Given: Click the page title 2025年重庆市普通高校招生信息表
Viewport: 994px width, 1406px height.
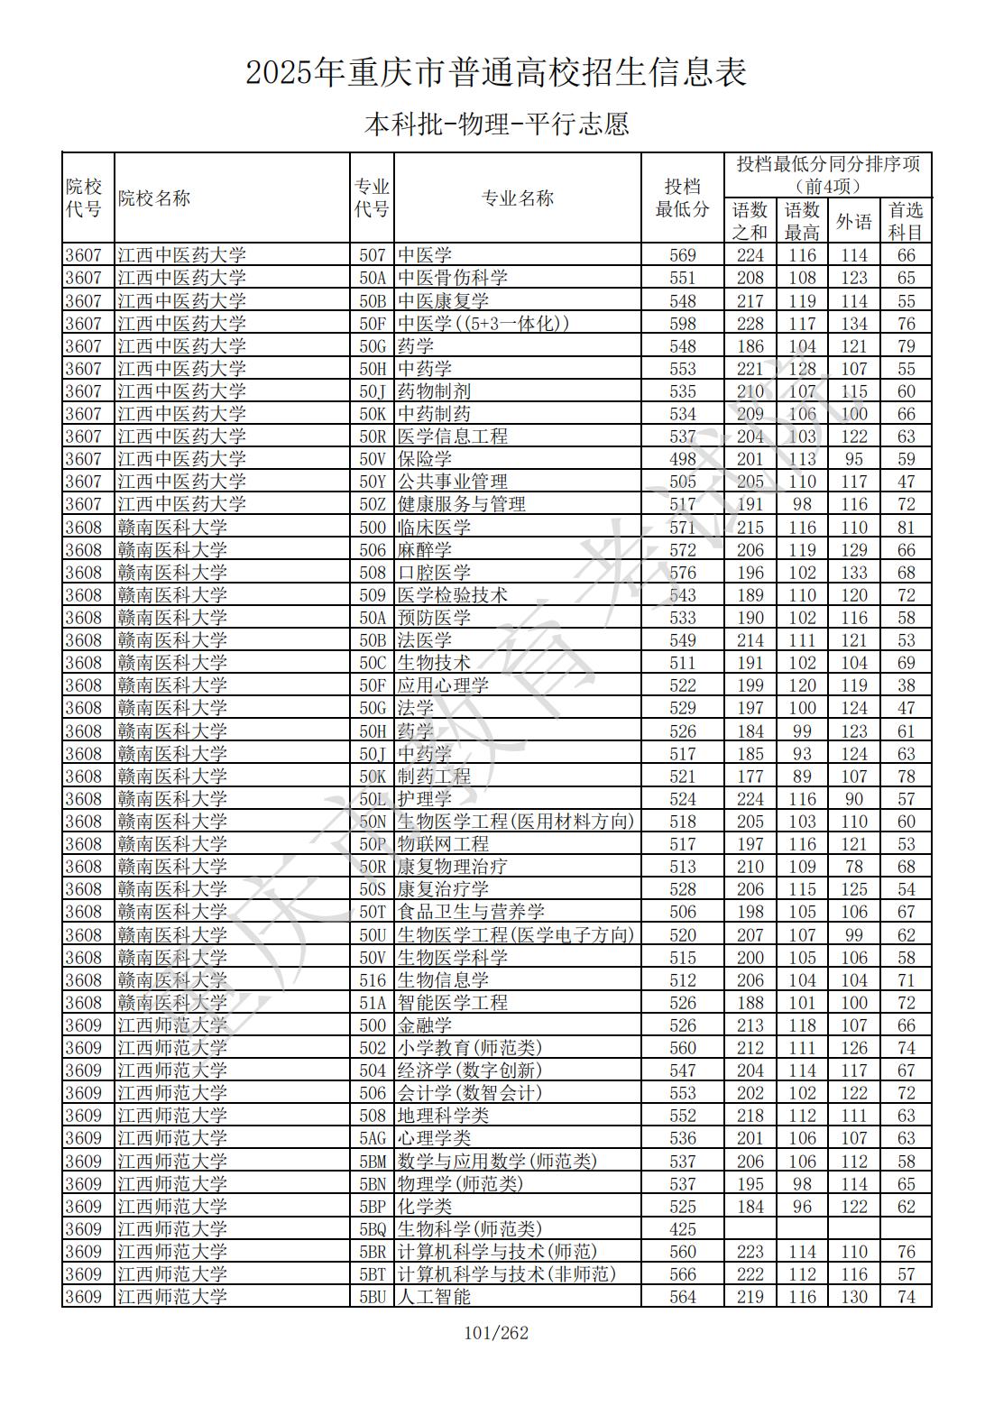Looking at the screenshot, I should pos(496,73).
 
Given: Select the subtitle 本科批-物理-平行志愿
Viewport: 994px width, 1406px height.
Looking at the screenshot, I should pos(496,124).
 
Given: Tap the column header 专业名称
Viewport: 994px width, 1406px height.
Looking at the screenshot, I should pos(518,198).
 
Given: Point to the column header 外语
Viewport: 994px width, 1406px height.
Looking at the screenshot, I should pos(853,221).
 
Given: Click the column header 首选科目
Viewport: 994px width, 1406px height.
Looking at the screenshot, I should pos(906,221).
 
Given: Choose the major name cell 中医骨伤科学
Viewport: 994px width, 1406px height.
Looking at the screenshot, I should pos(453,278).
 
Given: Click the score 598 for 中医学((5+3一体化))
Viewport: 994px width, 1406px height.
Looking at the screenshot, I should pos(683,323).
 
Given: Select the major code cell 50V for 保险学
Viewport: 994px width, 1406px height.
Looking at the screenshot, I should pos(373,459).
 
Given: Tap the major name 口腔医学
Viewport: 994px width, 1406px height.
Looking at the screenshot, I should pos(435,573).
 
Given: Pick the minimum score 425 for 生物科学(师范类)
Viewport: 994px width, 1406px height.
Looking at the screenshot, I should pos(683,1229).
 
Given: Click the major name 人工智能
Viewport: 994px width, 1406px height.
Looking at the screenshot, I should pos(435,1297).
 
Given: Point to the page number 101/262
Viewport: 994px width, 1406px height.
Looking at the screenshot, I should pos(496,1333).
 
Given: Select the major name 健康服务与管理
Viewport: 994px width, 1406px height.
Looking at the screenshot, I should pos(462,504).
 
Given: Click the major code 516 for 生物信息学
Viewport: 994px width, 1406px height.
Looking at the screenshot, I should pos(373,980).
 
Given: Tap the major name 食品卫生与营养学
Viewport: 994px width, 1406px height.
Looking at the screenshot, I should pos(472,912).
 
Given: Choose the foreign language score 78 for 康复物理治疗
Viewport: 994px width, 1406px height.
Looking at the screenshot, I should pos(853,867).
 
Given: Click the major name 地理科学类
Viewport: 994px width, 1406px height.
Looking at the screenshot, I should pos(444,1116).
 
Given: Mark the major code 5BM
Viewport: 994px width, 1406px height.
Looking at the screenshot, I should pos(373,1162).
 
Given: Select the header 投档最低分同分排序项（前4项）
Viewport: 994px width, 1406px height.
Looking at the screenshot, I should pos(828,175).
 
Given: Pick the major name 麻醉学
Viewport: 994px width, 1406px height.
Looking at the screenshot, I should pos(425,550).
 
